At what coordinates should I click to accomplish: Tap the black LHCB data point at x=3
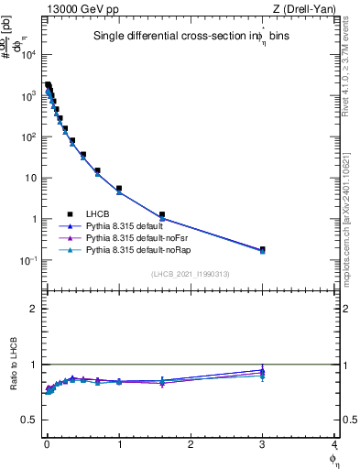[262, 249]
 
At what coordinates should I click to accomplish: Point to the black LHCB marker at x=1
[119, 188]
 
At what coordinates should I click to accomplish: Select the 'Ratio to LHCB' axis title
[11, 366]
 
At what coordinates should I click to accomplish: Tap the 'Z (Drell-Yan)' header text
[309, 8]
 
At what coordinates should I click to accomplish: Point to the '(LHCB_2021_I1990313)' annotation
[190, 274]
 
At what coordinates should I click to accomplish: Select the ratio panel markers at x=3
[262, 373]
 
